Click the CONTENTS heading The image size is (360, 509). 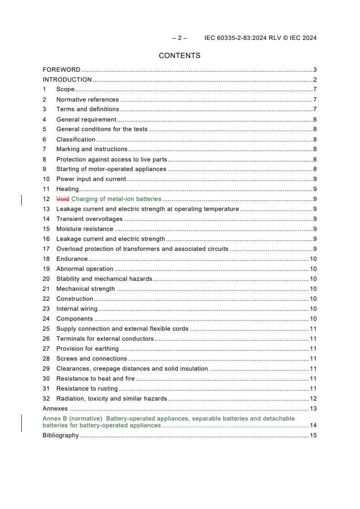pyautogui.click(x=179, y=56)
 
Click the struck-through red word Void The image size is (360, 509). pyautogui.click(x=63, y=199)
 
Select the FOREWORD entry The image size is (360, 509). pyautogui.click(x=61, y=70)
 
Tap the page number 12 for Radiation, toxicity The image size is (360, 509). pyautogui.click(x=313, y=399)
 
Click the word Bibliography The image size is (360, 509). pyautogui.click(x=60, y=436)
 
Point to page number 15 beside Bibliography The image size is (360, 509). pyautogui.click(x=313, y=436)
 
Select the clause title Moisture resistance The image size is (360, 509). pyautogui.click(x=84, y=229)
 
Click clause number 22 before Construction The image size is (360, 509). pyautogui.click(x=46, y=299)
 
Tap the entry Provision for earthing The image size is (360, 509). pyautogui.click(x=87, y=349)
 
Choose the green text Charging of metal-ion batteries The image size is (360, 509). pyautogui.click(x=116, y=199)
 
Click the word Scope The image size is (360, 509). pyautogui.click(x=65, y=89)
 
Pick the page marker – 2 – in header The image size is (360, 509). pyautogui.click(x=180, y=38)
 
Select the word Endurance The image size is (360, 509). pyautogui.click(x=72, y=259)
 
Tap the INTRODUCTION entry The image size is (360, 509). pyautogui.click(x=67, y=80)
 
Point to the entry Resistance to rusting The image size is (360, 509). pyautogui.click(x=87, y=389)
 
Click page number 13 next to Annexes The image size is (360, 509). pyautogui.click(x=313, y=409)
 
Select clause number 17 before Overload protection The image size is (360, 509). pyautogui.click(x=46, y=249)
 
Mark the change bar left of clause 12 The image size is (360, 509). pyautogui.click(x=22, y=200)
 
